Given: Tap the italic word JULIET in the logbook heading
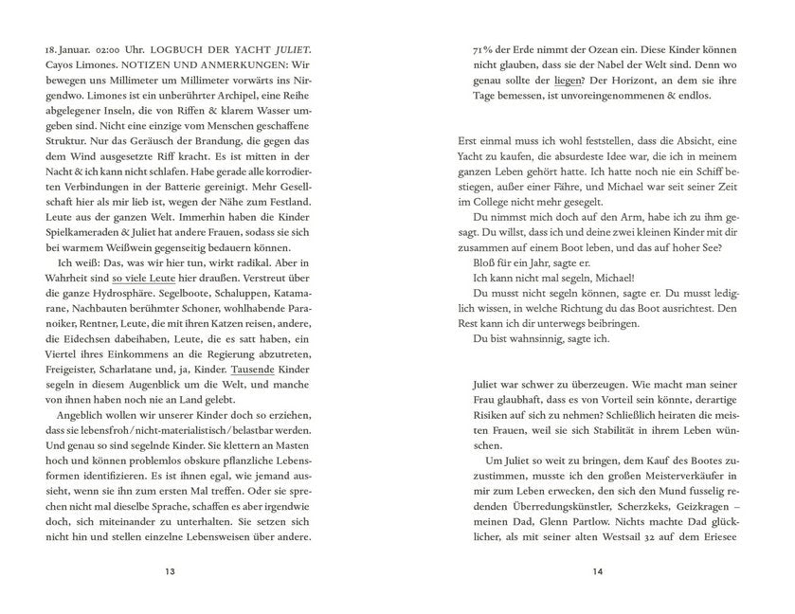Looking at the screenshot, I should [287, 49].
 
